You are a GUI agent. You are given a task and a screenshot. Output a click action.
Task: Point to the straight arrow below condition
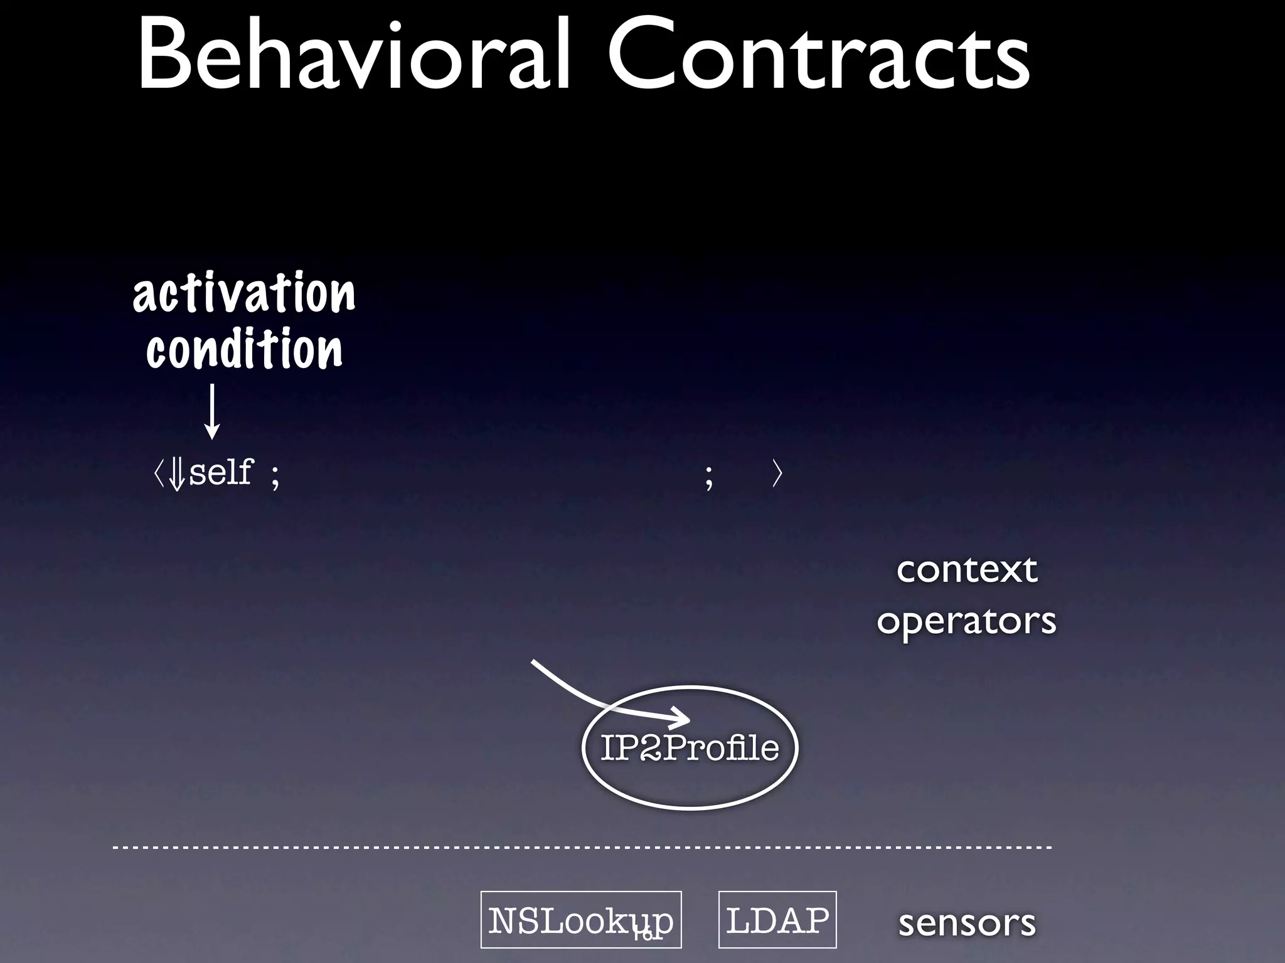point(212,411)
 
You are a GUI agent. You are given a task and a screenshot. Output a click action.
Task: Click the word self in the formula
point(221,472)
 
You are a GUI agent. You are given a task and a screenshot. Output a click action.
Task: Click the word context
point(966,570)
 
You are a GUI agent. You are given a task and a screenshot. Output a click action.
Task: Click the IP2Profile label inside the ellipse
point(690,748)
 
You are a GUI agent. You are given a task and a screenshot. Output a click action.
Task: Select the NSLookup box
point(580,920)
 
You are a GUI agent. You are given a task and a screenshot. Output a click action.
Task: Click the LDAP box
point(777,920)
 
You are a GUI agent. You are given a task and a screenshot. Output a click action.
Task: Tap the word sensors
point(966,923)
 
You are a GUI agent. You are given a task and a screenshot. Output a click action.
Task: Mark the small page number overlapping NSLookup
point(648,935)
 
